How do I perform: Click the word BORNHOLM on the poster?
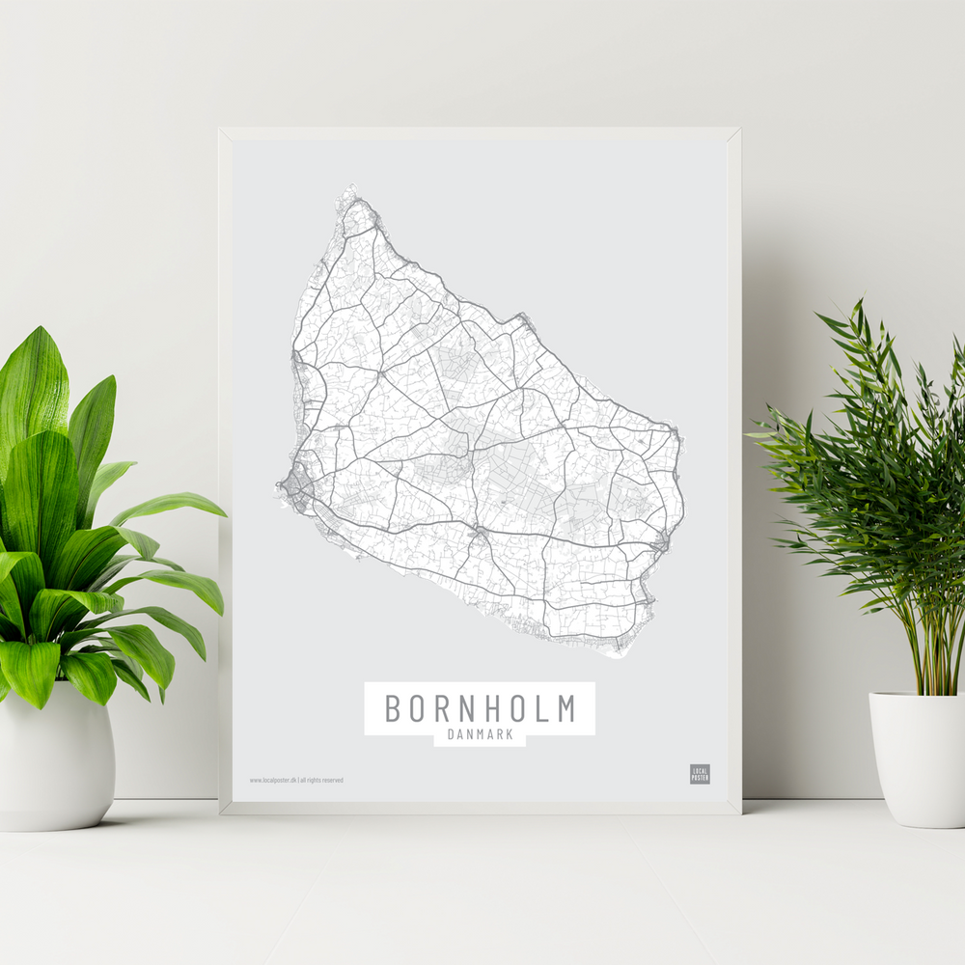480,708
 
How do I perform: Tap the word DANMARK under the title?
480,736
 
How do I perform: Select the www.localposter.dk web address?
272,780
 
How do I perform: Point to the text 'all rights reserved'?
322,780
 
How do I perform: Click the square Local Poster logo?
700,774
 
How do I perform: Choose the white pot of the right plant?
918,758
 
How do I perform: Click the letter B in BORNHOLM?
393,708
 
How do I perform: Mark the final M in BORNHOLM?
565,708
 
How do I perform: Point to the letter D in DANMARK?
452,736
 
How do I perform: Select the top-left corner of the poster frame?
221,129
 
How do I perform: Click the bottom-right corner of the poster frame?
740,813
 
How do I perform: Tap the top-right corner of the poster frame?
739,129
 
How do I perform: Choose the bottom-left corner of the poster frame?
222,813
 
